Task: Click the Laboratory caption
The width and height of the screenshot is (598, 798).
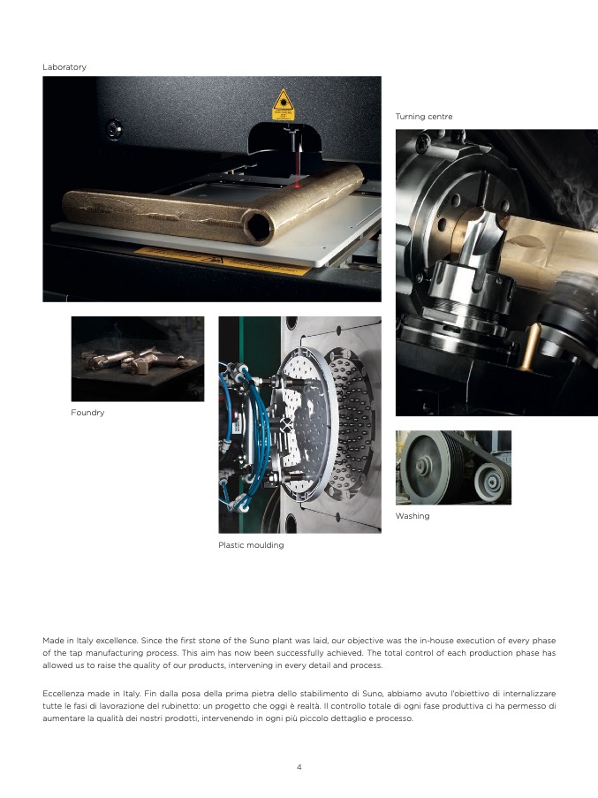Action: tap(64, 67)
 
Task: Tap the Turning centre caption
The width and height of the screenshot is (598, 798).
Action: tap(424, 117)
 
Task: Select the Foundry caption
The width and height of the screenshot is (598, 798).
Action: tap(87, 412)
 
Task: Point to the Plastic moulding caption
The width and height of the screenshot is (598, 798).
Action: tap(251, 545)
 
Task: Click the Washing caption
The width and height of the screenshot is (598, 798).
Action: tap(413, 516)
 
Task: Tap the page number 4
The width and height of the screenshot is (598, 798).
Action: tap(299, 767)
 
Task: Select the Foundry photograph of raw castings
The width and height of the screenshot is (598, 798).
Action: tap(137, 359)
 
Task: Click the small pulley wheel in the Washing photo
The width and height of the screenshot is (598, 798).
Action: tap(490, 481)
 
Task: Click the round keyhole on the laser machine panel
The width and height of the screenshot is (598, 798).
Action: tap(114, 129)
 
